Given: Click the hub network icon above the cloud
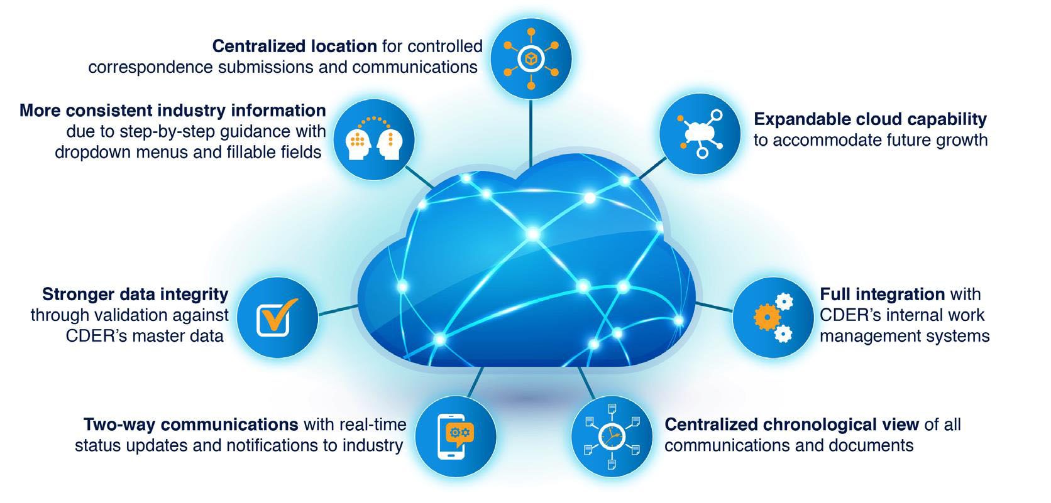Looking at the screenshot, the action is [531, 58].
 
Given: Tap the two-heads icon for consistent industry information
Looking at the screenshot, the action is [374, 139].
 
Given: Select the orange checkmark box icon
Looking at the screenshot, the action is [277, 317].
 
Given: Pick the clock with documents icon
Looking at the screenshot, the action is [612, 436].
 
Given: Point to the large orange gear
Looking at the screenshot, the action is [766, 317].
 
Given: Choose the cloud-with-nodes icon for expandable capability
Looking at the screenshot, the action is [700, 134].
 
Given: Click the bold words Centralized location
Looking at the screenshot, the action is [294, 46].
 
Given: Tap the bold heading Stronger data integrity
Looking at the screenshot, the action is [135, 295].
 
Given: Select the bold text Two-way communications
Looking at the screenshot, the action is [190, 425].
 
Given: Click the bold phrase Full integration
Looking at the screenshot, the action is [882, 295].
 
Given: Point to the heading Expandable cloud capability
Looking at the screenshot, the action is [870, 119].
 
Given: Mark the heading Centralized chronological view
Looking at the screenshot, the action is [791, 425].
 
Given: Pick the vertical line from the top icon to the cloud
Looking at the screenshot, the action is [531, 133].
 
